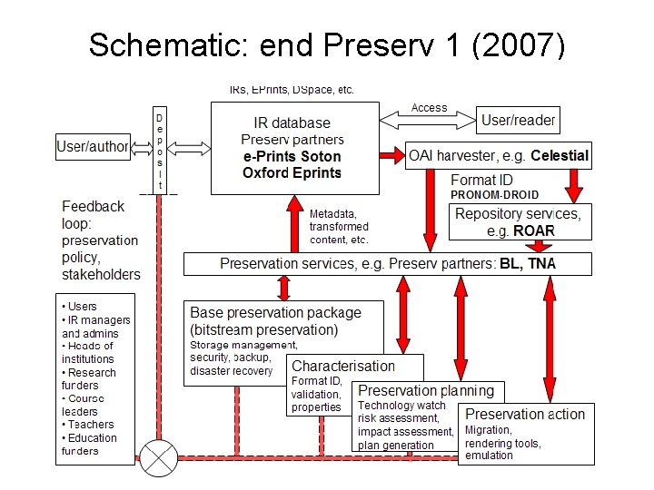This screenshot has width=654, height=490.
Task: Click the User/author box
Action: point(94,146)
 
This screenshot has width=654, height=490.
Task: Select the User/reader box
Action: point(517,119)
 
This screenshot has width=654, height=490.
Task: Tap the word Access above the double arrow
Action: point(429,107)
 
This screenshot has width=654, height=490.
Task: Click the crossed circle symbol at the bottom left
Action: point(158,456)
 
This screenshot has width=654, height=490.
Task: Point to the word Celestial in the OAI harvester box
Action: point(560,155)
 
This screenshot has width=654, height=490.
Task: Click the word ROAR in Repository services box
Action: point(533,230)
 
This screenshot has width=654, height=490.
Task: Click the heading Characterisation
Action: point(343,366)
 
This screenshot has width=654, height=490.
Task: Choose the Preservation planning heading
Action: point(426,391)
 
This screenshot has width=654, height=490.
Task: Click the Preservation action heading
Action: point(525,415)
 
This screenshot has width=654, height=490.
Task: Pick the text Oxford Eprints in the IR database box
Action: point(292,172)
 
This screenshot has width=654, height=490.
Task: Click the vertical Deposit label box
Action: point(160,151)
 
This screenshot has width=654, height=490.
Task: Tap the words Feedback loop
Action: point(93,214)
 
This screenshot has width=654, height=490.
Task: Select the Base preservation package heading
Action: point(275,313)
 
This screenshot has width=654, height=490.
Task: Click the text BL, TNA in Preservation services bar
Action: point(527,264)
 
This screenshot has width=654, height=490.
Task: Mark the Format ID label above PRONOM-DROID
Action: point(481,180)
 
